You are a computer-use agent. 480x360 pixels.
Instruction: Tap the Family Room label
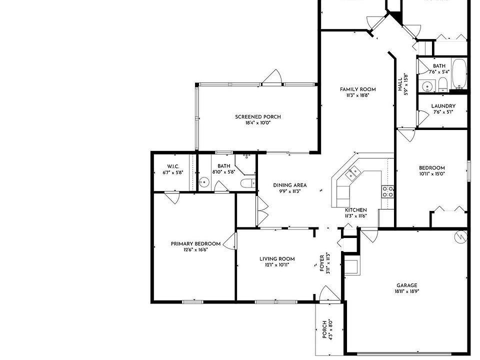[x=357, y=89]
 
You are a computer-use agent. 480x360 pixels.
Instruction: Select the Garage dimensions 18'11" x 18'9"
[x=406, y=291]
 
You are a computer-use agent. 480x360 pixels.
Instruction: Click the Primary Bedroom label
[x=195, y=244]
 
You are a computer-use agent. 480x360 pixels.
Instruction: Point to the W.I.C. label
[x=173, y=166]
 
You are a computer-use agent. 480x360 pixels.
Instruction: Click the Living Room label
[x=277, y=258]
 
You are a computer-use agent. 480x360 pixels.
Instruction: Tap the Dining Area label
[x=290, y=185]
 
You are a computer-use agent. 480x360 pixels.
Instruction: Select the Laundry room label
[x=443, y=106]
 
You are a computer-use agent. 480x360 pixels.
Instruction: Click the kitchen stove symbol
[x=387, y=191]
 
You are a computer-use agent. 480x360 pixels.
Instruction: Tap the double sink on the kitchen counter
[x=353, y=173]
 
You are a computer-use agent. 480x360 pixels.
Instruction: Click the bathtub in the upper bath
[x=458, y=74]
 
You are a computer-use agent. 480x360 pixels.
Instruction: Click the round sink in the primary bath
[x=204, y=182]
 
